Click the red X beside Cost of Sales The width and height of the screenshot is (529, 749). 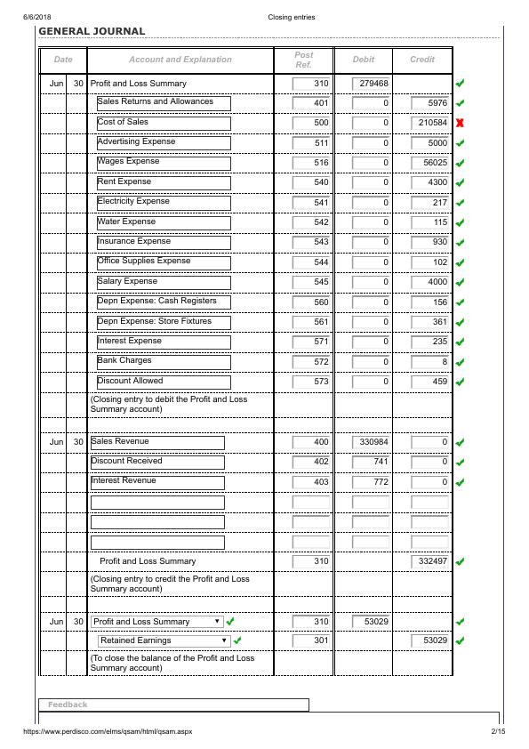click(460, 123)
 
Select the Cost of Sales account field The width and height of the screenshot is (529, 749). click(164, 123)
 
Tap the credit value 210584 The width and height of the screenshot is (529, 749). click(432, 123)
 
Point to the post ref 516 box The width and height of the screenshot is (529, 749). click(311, 163)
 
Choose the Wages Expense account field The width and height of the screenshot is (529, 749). click(164, 163)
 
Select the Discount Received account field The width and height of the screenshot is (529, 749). click(157, 462)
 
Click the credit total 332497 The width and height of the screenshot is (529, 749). click(432, 562)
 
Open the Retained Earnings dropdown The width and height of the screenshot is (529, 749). click(164, 640)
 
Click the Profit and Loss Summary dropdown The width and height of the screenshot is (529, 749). click(157, 622)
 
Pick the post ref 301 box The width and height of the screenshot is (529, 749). click(311, 640)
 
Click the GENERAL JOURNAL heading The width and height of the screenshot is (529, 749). click(92, 31)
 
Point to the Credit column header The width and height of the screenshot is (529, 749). click(422, 60)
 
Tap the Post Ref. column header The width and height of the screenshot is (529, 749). click(304, 60)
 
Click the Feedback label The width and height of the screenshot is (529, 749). click(68, 705)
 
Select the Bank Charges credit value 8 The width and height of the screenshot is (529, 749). click(432, 362)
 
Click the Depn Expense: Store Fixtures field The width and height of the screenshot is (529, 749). click(164, 322)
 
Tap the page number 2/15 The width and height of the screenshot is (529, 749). click(497, 732)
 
